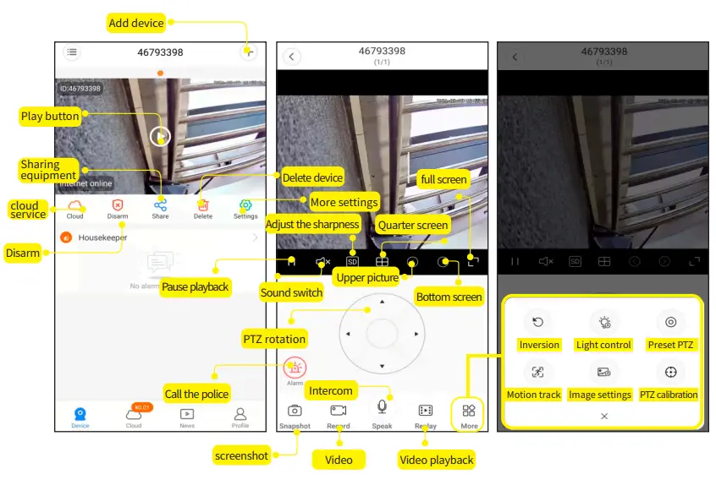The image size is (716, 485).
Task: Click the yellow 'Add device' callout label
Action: pyautogui.click(x=136, y=23)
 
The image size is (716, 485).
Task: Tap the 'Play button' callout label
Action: pyautogui.click(x=50, y=116)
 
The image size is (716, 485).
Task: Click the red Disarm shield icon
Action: pyautogui.click(x=118, y=204)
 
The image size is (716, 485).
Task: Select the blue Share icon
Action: pyautogui.click(x=160, y=204)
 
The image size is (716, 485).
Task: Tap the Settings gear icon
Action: pyautogui.click(x=245, y=204)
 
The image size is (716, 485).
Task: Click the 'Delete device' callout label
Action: pyautogui.click(x=312, y=177)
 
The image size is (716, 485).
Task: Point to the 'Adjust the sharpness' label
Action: pyautogui.click(x=313, y=224)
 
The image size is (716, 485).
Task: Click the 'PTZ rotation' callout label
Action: pyautogui.click(x=274, y=339)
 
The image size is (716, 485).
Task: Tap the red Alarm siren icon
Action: pyautogui.click(x=295, y=368)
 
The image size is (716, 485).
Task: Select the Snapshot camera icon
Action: pyautogui.click(x=295, y=411)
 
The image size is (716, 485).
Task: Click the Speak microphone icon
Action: pyautogui.click(x=382, y=407)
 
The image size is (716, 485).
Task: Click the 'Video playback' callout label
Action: pyautogui.click(x=437, y=460)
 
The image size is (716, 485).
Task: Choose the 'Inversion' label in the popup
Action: pyautogui.click(x=539, y=345)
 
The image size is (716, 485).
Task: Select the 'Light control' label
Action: pyautogui.click(x=603, y=345)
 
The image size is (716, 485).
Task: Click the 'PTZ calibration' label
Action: pyautogui.click(x=669, y=395)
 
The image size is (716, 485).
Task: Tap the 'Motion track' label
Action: pyautogui.click(x=533, y=395)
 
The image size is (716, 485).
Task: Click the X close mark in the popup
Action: pyautogui.click(x=604, y=417)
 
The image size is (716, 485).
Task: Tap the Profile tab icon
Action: pyautogui.click(x=240, y=414)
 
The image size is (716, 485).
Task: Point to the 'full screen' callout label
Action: pyautogui.click(x=443, y=179)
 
